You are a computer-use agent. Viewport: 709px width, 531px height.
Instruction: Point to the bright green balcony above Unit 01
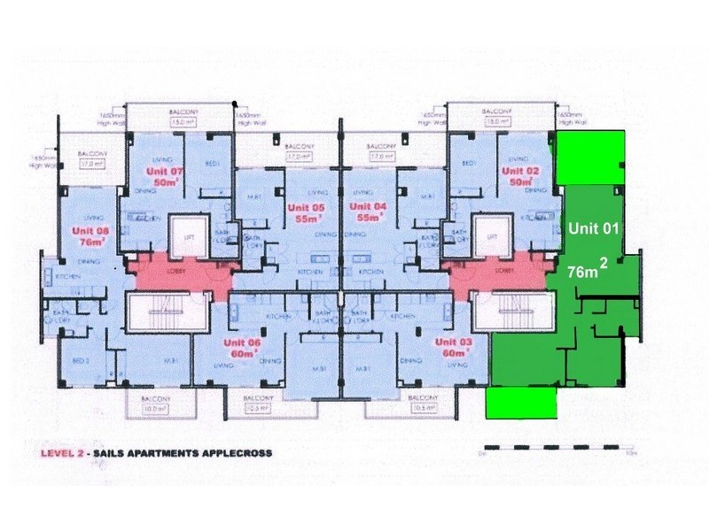point(591,158)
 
